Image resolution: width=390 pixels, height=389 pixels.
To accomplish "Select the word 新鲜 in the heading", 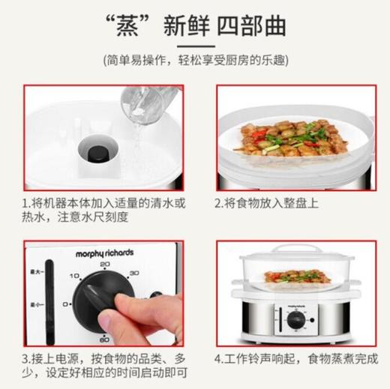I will pyautogui.click(x=186, y=28).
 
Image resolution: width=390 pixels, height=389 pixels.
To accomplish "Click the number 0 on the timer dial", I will pyautogui.click(x=66, y=304).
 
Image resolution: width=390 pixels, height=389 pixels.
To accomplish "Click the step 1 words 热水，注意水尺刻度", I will pyautogui.click(x=76, y=217).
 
